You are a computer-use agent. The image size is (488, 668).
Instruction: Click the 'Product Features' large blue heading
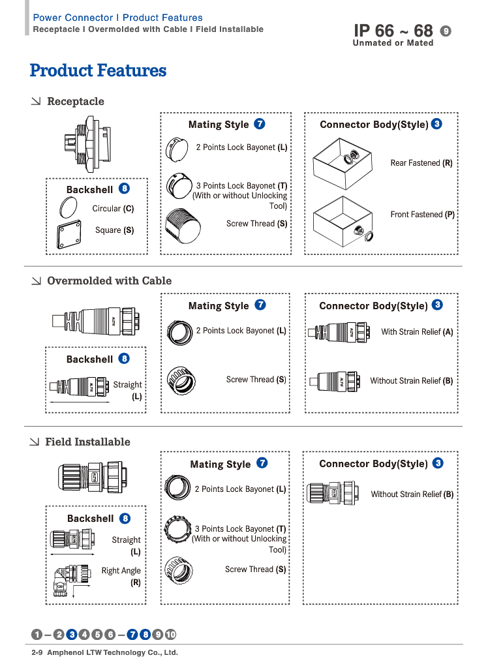coord(98,70)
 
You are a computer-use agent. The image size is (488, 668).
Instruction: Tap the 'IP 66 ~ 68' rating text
coord(393,31)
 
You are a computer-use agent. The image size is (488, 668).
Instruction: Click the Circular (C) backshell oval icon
coord(69,207)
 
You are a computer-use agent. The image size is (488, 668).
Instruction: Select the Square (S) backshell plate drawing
coord(69,234)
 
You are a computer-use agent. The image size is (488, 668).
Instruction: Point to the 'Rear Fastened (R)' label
coord(421,162)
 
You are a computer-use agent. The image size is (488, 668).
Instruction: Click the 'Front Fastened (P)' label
coord(422,214)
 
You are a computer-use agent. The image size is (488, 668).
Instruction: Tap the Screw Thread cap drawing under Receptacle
coord(183,226)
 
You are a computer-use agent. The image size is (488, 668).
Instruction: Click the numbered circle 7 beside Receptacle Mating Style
coord(260,124)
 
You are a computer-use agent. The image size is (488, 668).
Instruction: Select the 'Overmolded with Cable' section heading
coord(109,281)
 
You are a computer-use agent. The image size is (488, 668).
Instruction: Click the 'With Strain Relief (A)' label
coord(417,332)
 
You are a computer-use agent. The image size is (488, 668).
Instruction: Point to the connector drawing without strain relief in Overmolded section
coord(335,381)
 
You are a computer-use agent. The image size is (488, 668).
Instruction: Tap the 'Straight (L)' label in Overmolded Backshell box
coord(128,390)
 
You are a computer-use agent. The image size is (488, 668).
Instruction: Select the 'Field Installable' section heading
coord(88,442)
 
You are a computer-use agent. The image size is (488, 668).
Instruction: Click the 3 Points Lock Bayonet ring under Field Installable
coord(177,528)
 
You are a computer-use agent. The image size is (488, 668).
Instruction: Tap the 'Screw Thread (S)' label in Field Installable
coord(255,569)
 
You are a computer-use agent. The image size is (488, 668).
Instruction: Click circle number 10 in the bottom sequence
coord(170,634)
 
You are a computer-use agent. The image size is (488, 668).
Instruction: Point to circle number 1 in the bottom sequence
coord(37,634)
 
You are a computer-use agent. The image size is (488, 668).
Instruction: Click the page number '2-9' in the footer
coord(37,652)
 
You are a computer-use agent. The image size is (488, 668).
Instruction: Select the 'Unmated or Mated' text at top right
coord(393,43)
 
